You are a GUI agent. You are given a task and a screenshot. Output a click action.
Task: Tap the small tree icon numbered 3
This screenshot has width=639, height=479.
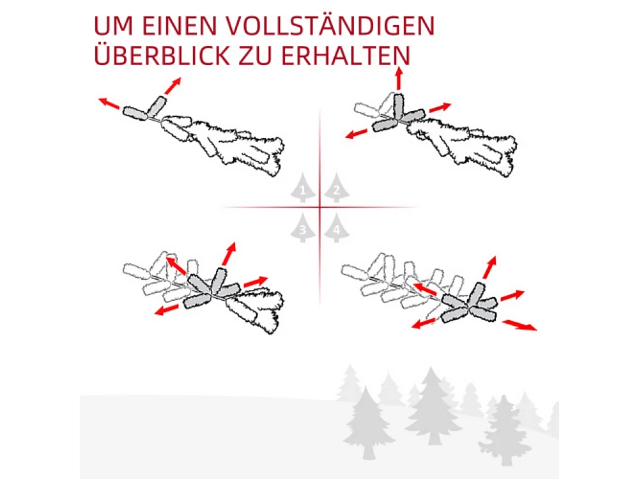pyautogui.click(x=304, y=228)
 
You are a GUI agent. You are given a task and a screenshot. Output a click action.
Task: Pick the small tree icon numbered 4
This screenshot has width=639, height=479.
pyautogui.click(x=336, y=228)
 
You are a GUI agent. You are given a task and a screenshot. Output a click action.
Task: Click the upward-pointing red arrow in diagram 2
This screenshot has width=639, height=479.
pyautogui.click(x=399, y=80)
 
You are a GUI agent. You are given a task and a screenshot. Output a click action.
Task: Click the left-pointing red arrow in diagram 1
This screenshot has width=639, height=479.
pyautogui.click(x=109, y=103)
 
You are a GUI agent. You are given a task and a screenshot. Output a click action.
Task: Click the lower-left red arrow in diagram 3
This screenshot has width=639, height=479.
pyautogui.click(x=167, y=310)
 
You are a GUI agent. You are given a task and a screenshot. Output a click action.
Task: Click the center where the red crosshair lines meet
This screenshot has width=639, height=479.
pyautogui.click(x=319, y=207)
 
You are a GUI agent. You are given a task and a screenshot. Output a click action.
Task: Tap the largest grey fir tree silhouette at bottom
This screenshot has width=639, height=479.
pyautogui.click(x=433, y=406)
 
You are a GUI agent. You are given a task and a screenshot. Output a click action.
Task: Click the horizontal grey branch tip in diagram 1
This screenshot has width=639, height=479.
pyautogui.click(x=135, y=114)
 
